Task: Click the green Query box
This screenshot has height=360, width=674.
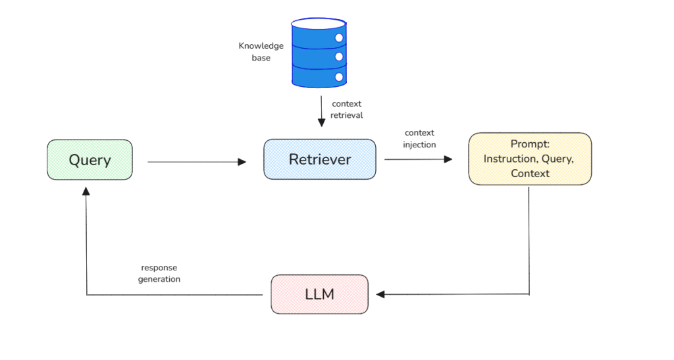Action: [90, 160]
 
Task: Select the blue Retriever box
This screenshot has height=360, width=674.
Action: [320, 159]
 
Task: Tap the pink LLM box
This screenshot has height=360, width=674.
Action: [320, 294]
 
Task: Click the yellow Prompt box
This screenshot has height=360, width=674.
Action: [530, 159]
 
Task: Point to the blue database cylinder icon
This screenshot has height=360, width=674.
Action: [319, 53]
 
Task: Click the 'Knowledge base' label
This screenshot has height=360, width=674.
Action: [261, 52]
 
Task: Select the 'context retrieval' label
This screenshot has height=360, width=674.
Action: [346, 109]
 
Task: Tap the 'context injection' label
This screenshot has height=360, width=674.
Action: [419, 138]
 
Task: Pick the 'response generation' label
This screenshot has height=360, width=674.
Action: [159, 273]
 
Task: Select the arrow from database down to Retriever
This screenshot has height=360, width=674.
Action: [321, 111]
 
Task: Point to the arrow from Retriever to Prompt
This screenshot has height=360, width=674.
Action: [419, 159]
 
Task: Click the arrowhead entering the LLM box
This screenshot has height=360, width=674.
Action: [380, 294]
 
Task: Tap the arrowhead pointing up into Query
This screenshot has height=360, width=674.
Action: [86, 190]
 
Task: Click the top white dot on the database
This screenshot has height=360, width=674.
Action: [340, 38]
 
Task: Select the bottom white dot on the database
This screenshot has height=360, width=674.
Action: [340, 77]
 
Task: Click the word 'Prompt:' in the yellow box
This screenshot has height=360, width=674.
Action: [530, 144]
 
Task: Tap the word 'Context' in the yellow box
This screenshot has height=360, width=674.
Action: [530, 173]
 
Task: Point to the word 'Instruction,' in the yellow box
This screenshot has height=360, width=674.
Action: [507, 159]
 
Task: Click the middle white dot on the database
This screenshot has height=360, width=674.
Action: [340, 57]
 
